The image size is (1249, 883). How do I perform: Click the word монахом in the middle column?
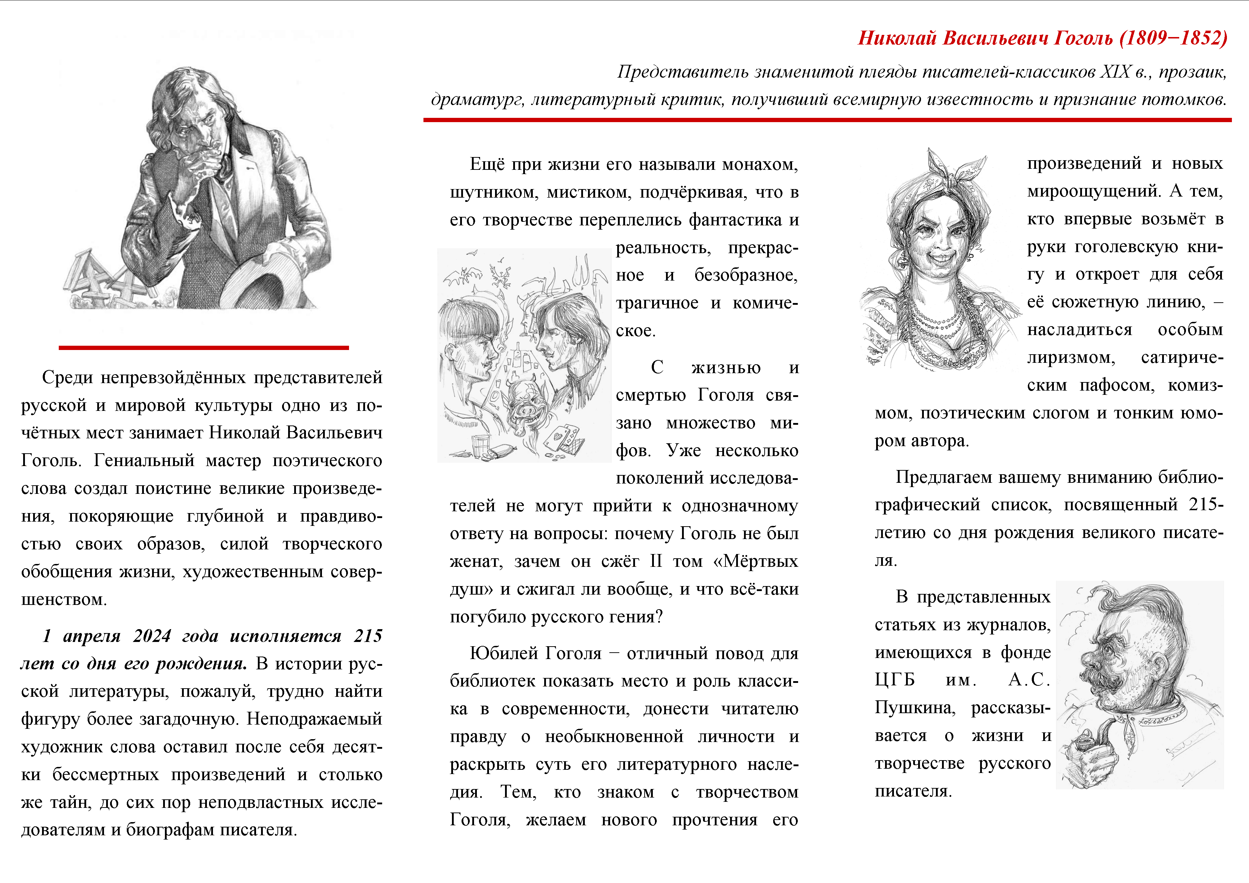760,164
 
